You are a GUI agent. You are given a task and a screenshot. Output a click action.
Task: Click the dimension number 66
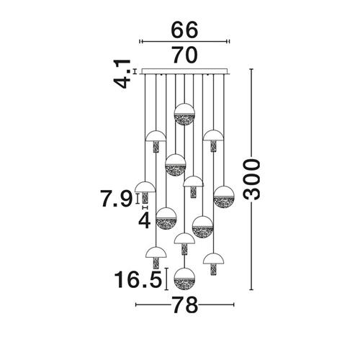tap(184, 30)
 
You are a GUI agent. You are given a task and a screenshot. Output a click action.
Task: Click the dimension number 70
tap(185, 55)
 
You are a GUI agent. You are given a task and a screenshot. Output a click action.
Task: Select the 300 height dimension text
tap(251, 179)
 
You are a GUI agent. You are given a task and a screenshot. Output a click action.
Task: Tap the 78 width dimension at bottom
tap(184, 305)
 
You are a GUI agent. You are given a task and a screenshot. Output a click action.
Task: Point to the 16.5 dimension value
tap(138, 280)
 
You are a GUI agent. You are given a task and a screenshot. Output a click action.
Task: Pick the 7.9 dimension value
tap(117, 199)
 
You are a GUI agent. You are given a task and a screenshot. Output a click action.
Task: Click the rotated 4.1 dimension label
tap(122, 74)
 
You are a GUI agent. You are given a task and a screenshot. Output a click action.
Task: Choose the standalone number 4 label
tap(145, 221)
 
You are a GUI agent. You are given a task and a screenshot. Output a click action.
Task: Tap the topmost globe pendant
tap(184, 114)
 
